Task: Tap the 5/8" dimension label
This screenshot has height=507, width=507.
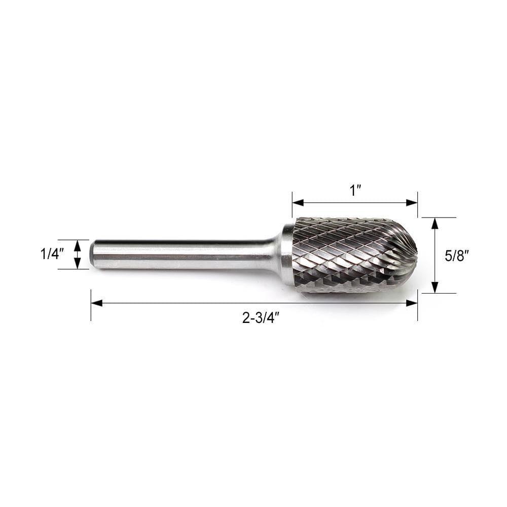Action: (456, 256)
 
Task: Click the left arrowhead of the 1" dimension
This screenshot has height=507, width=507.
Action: (298, 203)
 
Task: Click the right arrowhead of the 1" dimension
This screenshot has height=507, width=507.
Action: (412, 203)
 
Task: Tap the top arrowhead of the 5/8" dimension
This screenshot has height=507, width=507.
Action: (434, 223)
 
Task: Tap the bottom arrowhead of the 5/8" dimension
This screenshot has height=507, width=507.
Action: (434, 287)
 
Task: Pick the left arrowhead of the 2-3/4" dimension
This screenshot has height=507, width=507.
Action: (97, 303)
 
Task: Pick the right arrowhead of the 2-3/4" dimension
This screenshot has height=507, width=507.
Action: (412, 303)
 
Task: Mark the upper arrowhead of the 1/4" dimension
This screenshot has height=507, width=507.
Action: (77, 244)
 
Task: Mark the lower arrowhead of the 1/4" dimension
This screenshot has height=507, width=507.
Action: (77, 264)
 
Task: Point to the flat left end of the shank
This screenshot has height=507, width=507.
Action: (92, 254)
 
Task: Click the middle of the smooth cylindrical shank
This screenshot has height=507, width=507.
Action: (183, 253)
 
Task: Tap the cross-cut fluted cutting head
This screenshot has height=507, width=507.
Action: (350, 253)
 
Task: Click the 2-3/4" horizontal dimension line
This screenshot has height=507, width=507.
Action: (203, 303)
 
